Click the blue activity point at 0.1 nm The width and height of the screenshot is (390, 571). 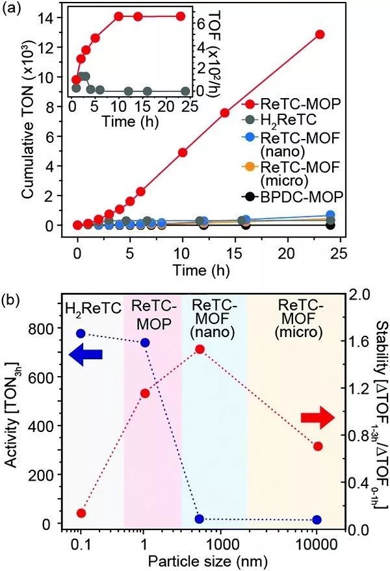coord(81,333)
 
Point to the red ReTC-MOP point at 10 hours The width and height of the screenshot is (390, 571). coord(183,152)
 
